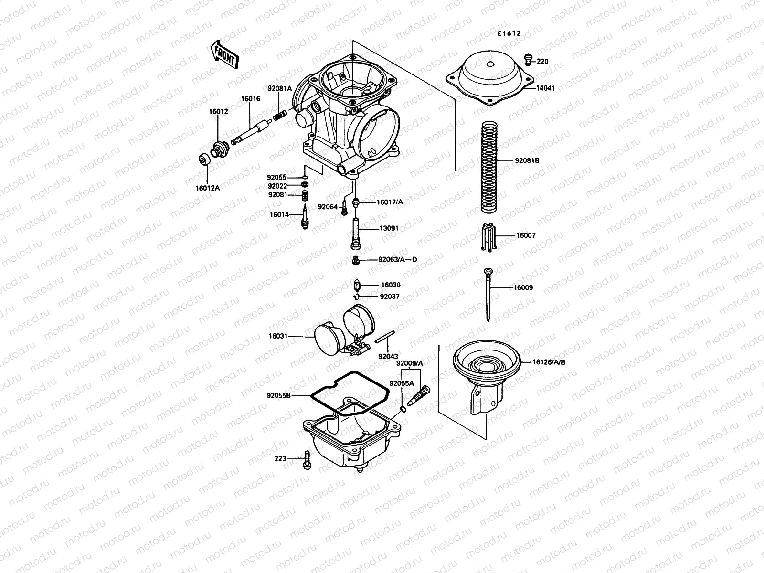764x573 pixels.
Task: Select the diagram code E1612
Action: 508,34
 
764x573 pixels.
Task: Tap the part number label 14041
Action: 545,88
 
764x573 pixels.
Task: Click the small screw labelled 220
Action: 528,59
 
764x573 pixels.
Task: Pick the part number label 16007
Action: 526,235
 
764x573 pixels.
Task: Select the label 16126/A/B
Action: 549,362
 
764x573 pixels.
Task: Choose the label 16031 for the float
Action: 278,336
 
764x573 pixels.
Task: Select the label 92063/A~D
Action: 397,260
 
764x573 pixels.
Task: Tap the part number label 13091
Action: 389,229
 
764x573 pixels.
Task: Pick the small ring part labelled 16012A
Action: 204,159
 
